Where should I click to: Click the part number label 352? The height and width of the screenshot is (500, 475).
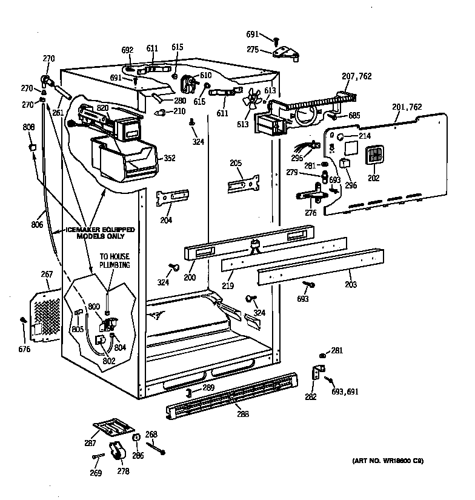click(x=170, y=159)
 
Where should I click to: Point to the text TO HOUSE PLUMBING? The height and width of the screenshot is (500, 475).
click(x=115, y=261)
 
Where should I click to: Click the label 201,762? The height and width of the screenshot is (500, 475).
click(x=408, y=107)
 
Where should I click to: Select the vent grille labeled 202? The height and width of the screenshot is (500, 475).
click(x=374, y=155)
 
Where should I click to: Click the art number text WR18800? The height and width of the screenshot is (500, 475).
click(x=388, y=461)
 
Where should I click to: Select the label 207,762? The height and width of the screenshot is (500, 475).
click(x=357, y=76)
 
